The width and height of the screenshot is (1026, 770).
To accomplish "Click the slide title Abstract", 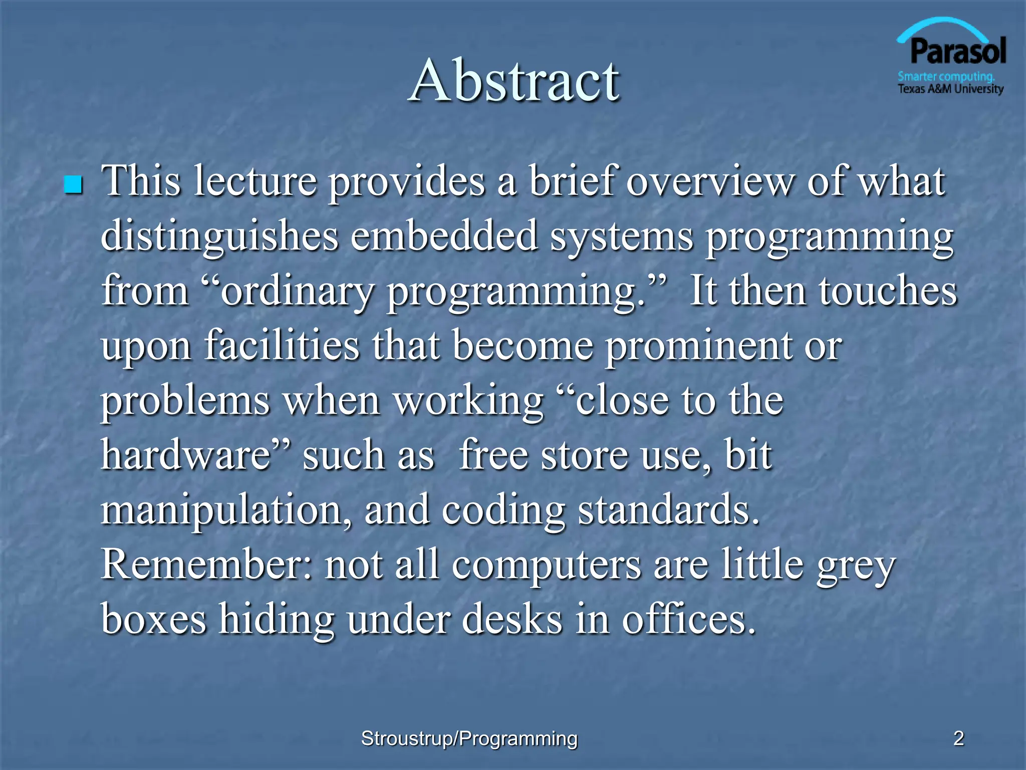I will pyautogui.click(x=514, y=80).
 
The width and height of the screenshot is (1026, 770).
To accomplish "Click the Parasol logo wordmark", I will pyautogui.click(x=958, y=52).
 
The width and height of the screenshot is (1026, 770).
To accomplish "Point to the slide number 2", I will pyautogui.click(x=958, y=738).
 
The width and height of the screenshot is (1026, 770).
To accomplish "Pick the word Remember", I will pyautogui.click(x=207, y=565).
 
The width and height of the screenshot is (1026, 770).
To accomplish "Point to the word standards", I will pyautogui.click(x=668, y=510).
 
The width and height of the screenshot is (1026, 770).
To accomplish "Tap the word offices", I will pyautogui.click(x=688, y=620).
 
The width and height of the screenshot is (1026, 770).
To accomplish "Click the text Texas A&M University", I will pyautogui.click(x=950, y=89).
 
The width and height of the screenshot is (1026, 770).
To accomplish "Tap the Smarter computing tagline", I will pyautogui.click(x=946, y=77).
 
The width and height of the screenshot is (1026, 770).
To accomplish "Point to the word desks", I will pyautogui.click(x=511, y=620).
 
